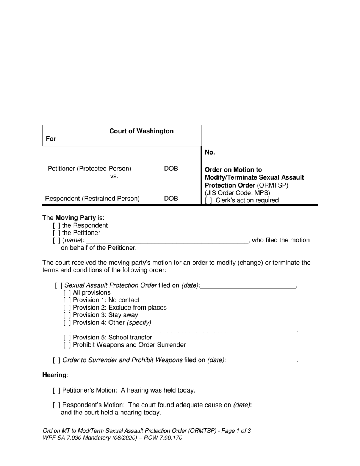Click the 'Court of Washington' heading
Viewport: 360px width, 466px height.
[141, 131]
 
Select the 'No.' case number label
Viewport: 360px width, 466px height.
[210, 152]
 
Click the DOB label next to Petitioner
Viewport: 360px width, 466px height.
[171, 169]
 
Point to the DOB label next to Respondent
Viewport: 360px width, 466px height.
[171, 199]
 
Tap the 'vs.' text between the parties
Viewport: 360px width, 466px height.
[114, 176]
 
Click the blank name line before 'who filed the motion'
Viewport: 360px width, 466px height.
[167, 240]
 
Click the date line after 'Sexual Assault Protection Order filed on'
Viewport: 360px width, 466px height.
[248, 286]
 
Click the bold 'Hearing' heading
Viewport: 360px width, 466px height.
[55, 375]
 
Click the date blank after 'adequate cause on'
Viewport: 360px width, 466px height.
[284, 405]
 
